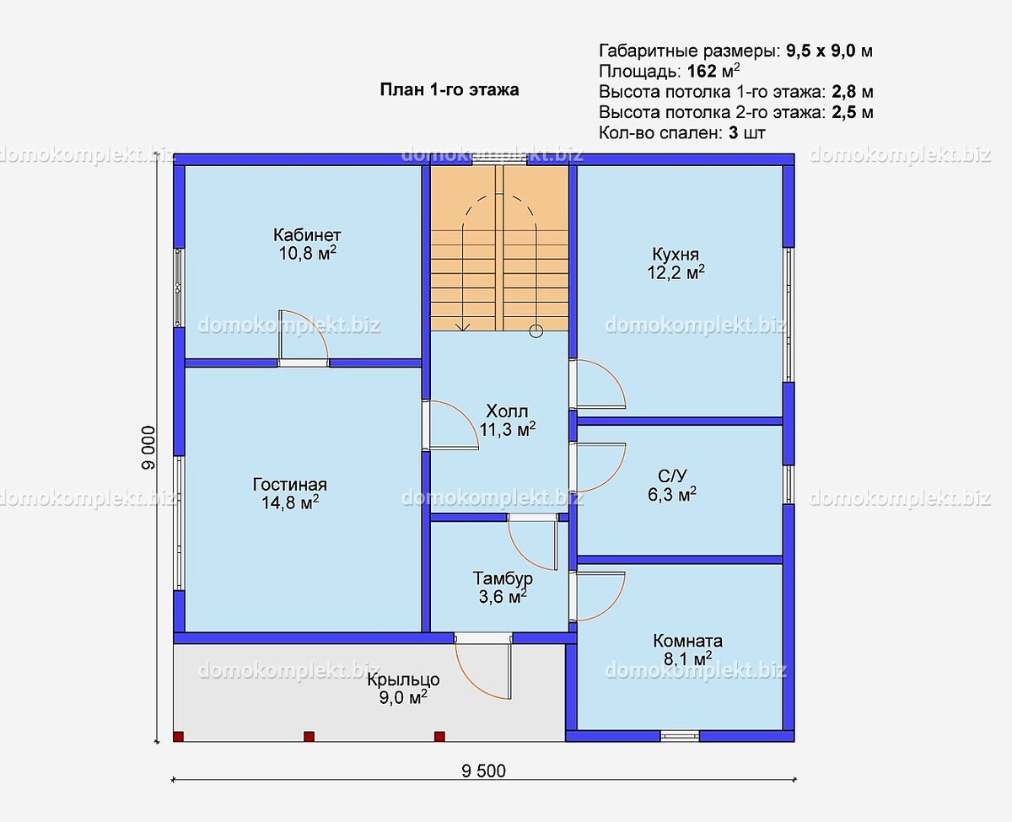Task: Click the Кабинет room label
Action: coord(307,235)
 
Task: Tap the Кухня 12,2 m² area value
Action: coord(676,272)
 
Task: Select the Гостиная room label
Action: coord(290,485)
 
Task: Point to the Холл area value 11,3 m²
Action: coord(508,429)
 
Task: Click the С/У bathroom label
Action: coord(672,475)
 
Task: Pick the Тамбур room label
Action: coord(503,578)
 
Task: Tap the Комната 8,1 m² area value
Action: coord(688,659)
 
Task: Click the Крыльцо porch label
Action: coord(403,680)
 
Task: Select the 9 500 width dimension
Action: coord(484,771)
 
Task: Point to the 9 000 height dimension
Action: coord(148,448)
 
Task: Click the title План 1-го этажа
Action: coord(449,89)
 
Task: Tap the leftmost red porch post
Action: coord(178,737)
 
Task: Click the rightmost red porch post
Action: coord(440,737)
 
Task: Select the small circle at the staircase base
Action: coord(536,331)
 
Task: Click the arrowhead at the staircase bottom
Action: coord(463,327)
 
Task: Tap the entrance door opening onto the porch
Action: coord(483,665)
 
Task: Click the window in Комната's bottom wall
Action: coord(680,736)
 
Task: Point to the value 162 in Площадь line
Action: coord(702,71)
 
